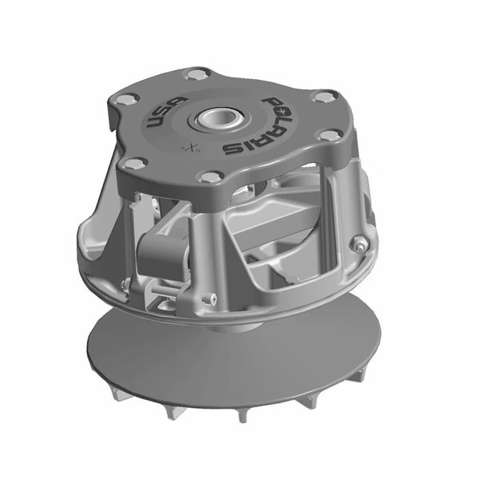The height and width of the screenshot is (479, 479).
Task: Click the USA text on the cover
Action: click(x=163, y=117)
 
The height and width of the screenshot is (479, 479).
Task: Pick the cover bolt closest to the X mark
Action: click(x=209, y=176)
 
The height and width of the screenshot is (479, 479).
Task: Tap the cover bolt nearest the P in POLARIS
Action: click(x=322, y=97)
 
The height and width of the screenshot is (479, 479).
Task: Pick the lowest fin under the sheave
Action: click(x=239, y=417)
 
